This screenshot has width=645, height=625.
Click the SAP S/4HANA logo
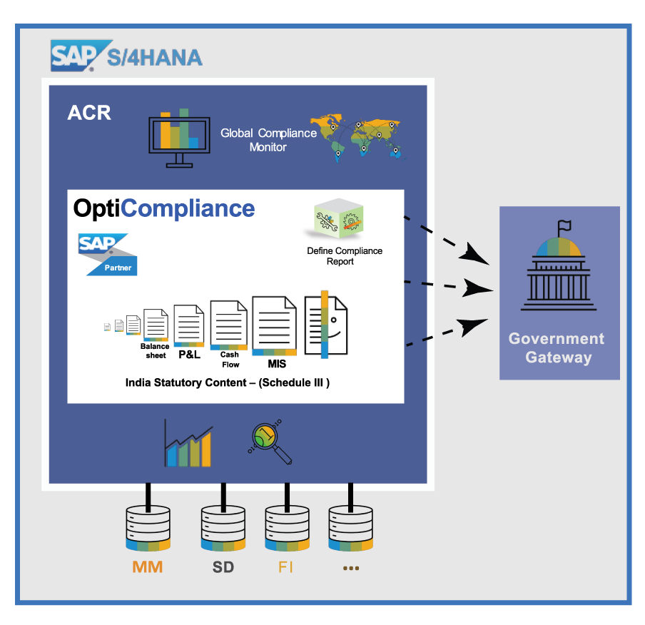coord(126,56)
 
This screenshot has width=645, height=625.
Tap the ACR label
coord(89,113)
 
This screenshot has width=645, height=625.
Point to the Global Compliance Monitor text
coord(268,140)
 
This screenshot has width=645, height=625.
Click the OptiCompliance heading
coord(164,208)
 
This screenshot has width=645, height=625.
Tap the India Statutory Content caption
coord(227,382)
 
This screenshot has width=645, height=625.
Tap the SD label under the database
coord(223,568)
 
